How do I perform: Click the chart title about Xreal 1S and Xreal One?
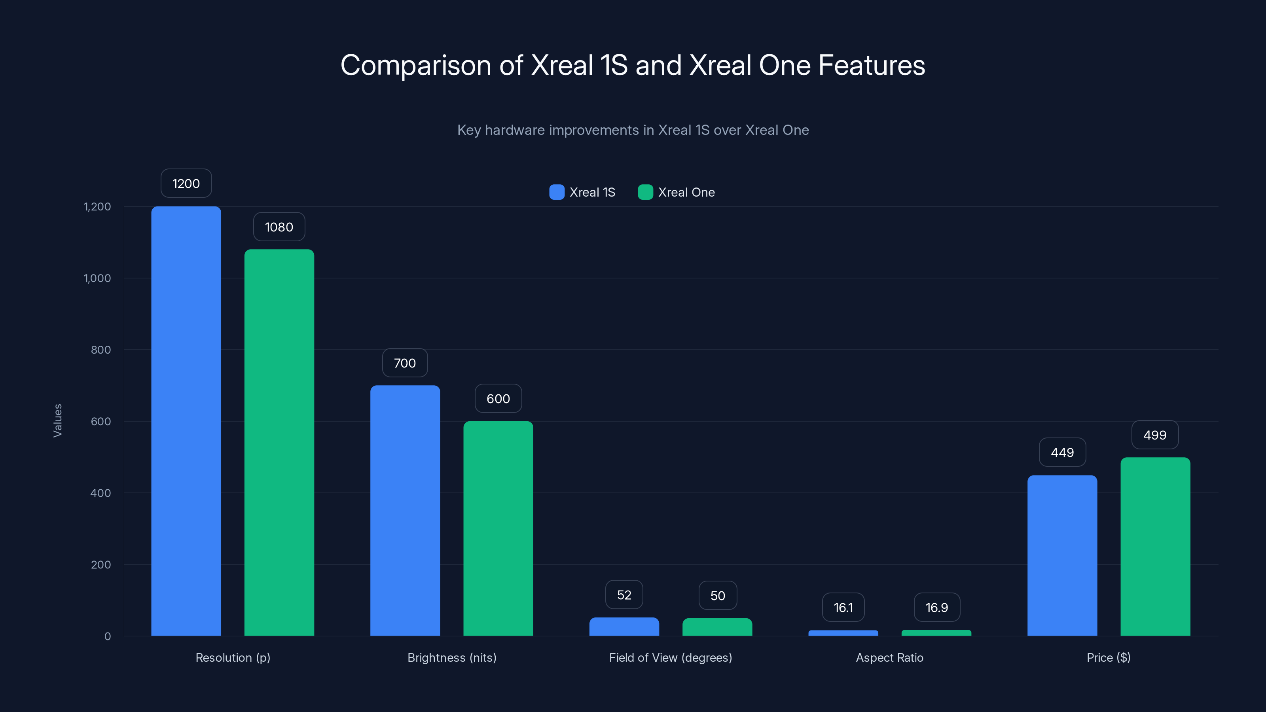(x=633, y=65)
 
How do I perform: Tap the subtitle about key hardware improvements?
(x=633, y=130)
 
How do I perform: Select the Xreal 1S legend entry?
(x=582, y=192)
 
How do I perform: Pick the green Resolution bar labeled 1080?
(x=279, y=442)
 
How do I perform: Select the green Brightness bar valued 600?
(x=498, y=528)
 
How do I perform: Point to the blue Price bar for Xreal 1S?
(x=1062, y=555)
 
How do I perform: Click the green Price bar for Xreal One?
(x=1155, y=546)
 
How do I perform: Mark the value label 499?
(x=1154, y=435)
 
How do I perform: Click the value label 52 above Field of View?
(x=624, y=595)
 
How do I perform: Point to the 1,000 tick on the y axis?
(x=97, y=278)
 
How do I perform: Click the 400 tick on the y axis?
(x=101, y=493)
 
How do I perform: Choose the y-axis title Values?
(x=57, y=420)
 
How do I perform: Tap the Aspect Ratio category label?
(x=889, y=657)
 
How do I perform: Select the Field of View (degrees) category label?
(x=670, y=657)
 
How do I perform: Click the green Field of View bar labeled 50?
(x=717, y=627)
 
